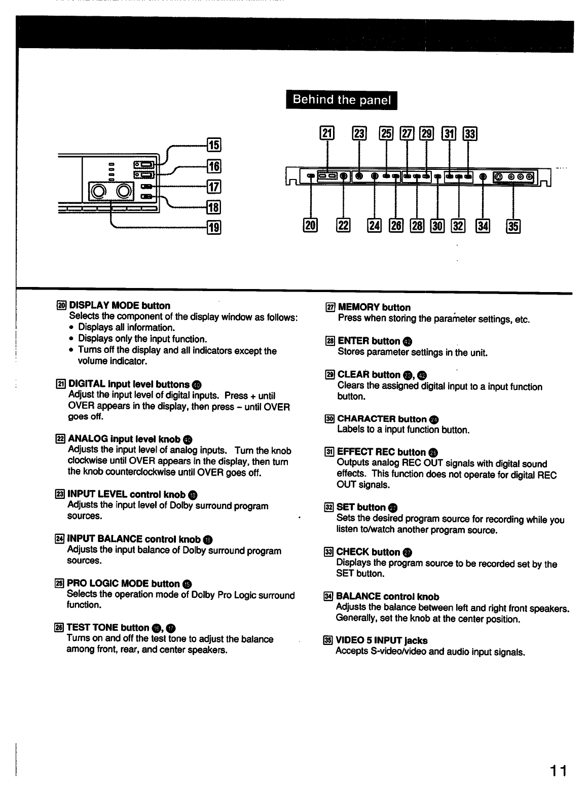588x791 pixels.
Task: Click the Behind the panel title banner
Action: pyautogui.click(x=341, y=100)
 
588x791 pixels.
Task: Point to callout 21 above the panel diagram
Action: pyautogui.click(x=327, y=133)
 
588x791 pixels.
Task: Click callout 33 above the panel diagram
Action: pyautogui.click(x=471, y=133)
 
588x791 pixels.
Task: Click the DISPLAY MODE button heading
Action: pyautogui.click(x=119, y=306)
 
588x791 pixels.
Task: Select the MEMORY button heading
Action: pyautogui.click(x=374, y=307)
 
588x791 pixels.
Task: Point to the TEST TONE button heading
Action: pyautogui.click(x=107, y=628)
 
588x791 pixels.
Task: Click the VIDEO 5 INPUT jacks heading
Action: pyautogui.click(x=381, y=640)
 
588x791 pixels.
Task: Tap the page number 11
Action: pyautogui.click(x=559, y=771)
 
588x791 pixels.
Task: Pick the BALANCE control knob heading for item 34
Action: pyautogui.click(x=387, y=597)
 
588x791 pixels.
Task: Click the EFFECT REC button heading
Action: pyautogui.click(x=381, y=452)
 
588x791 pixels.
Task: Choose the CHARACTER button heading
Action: pyautogui.click(x=382, y=419)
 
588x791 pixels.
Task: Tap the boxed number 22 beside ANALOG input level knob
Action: pyautogui.click(x=60, y=439)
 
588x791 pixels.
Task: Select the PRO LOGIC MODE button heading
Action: pyautogui.click(x=123, y=584)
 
